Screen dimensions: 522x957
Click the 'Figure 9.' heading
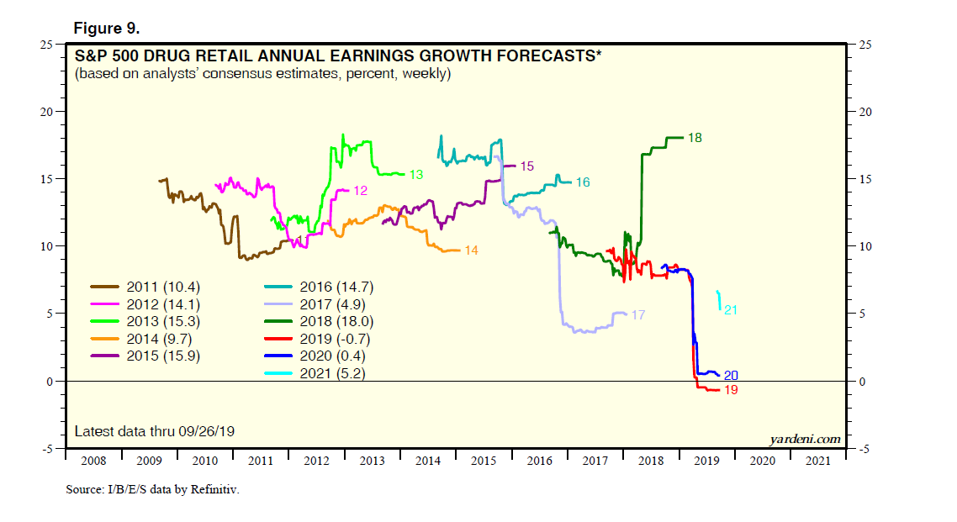tap(107, 28)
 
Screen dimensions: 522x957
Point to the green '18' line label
tap(695, 137)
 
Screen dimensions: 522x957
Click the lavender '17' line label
tap(637, 315)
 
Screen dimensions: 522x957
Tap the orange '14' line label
tap(471, 250)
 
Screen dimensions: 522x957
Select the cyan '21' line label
tap(731, 310)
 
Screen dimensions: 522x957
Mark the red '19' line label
tap(731, 390)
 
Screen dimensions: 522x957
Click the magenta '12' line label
tap(360, 191)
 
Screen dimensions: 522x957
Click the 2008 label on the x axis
tap(93, 461)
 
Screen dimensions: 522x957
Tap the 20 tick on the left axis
tap(48, 112)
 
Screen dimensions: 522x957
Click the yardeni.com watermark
tap(805, 439)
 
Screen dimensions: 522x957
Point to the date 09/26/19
tap(207, 431)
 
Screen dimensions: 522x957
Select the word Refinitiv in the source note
tap(213, 488)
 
